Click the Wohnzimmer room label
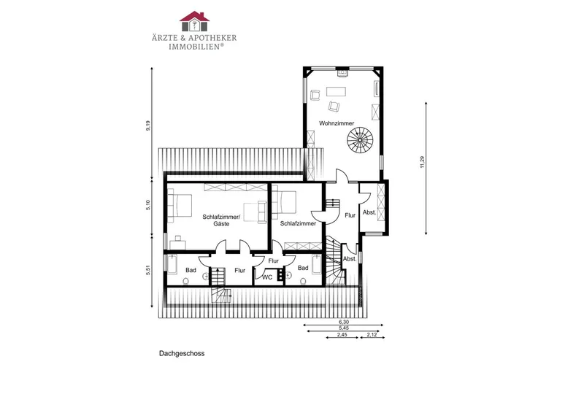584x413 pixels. pos(337,123)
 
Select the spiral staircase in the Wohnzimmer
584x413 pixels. pos(360,140)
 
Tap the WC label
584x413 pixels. pos(267,277)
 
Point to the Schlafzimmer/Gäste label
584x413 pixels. pos(221,220)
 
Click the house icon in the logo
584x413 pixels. pos(194,21)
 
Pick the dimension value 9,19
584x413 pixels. pos(148,126)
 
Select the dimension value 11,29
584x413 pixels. pos(422,162)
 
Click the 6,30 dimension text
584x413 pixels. pos(344,322)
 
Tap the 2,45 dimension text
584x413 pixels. pos(342,334)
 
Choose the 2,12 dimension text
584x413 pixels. pos(372,334)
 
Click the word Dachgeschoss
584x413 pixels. pos(182,353)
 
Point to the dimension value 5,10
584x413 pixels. pos(148,205)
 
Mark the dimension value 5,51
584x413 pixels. pos(148,270)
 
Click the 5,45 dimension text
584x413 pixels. pos(344,328)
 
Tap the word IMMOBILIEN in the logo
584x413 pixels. pos(194,47)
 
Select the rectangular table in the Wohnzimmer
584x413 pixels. pos(336,92)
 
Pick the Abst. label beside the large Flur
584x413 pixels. pos(369,212)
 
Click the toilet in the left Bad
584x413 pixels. pos(186,281)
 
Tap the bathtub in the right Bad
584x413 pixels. pos(317,264)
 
